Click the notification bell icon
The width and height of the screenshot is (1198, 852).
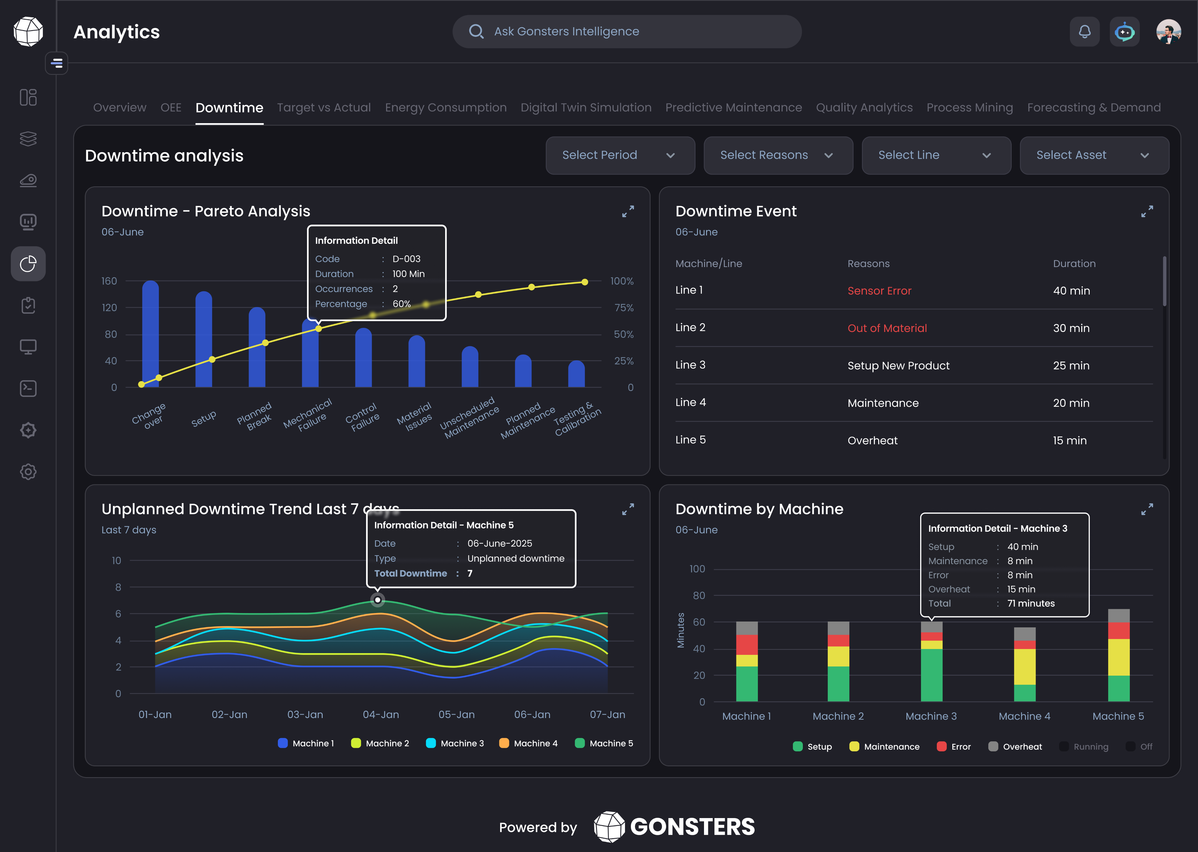[x=1084, y=32]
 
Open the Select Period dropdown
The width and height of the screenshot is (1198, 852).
[x=620, y=155]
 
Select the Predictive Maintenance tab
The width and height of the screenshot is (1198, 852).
[x=733, y=108]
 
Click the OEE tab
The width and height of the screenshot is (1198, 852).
[x=171, y=108]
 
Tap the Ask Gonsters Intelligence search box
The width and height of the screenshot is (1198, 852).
[x=627, y=32]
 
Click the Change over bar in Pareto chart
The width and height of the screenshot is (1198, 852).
[x=151, y=336]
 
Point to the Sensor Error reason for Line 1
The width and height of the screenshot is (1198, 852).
[x=879, y=291]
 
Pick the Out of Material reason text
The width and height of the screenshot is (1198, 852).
[x=887, y=328]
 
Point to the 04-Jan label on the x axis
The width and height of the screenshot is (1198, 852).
[x=381, y=715]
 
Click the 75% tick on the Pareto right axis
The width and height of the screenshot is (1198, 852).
[x=624, y=308]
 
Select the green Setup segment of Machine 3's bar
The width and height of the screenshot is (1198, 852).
[x=932, y=675]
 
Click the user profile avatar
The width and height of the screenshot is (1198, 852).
[x=1168, y=32]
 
